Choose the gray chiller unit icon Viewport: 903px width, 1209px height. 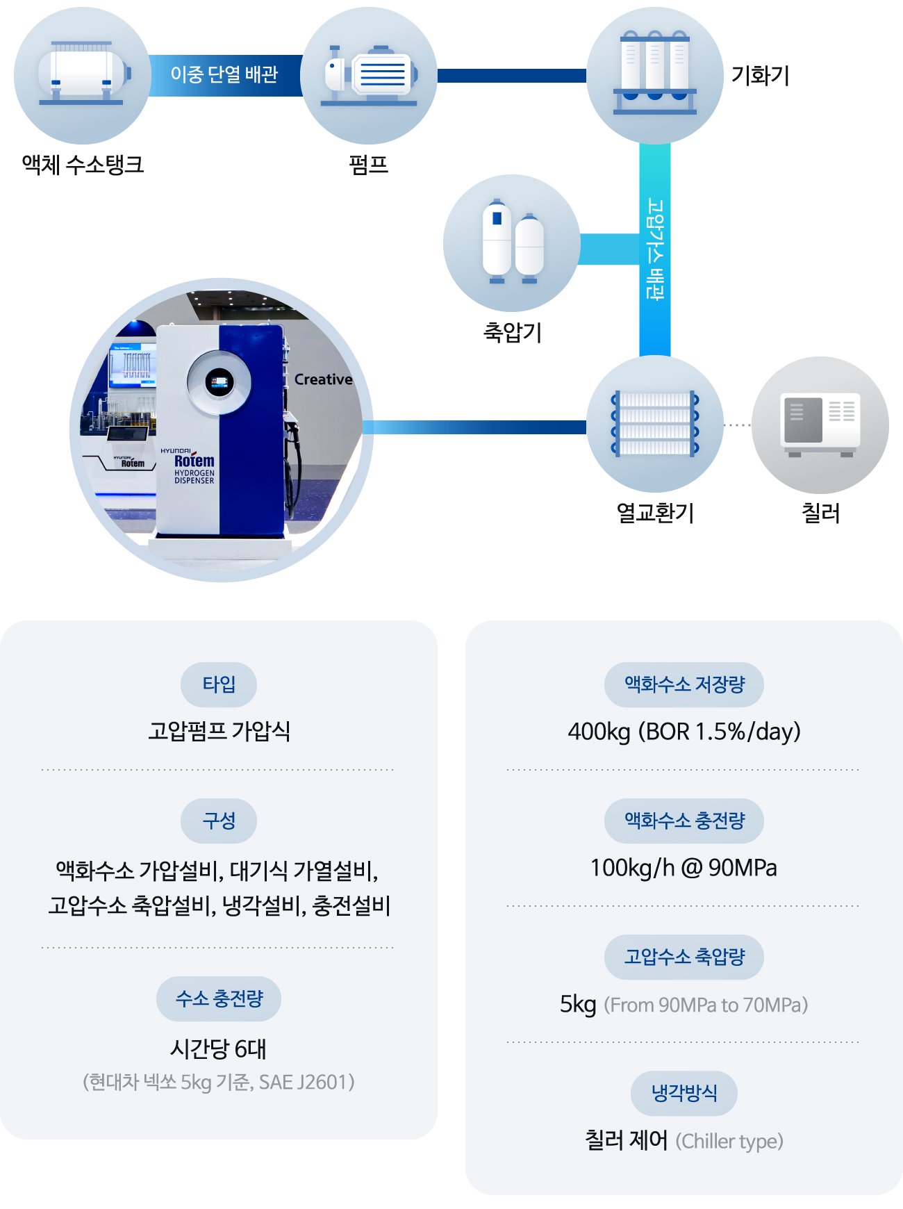point(820,425)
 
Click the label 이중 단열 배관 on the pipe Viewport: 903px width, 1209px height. point(224,74)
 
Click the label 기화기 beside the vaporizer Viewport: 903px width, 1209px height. point(761,75)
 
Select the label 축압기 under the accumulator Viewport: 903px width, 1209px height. point(513,332)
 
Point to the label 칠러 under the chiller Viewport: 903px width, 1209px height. point(821,513)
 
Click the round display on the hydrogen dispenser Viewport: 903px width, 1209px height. point(219,381)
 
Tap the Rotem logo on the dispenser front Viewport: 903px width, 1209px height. point(194,460)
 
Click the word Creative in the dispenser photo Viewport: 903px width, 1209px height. point(323,379)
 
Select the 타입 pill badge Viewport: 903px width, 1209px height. point(219,684)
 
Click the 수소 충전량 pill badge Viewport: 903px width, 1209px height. point(219,998)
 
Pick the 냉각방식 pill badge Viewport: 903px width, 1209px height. point(684,1093)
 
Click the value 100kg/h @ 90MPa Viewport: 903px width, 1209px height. point(684,868)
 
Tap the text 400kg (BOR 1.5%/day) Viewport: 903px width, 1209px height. point(684,732)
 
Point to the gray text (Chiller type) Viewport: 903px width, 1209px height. point(729,1141)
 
